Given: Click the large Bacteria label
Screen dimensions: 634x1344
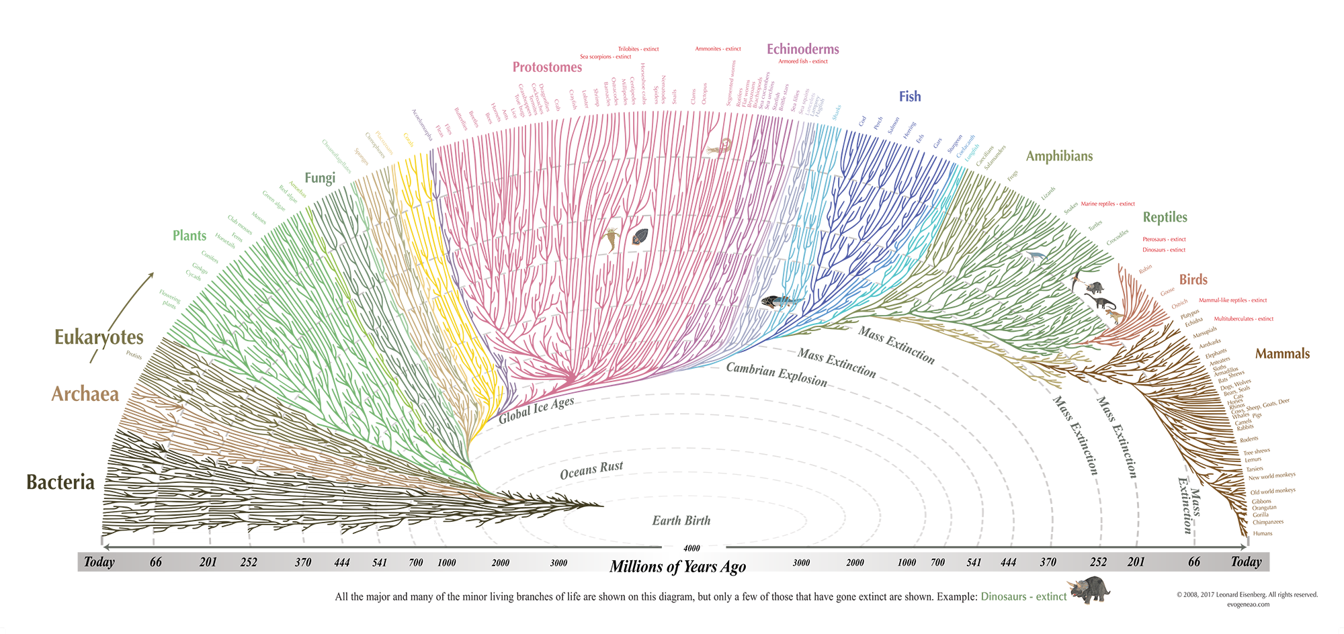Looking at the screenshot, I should click(x=60, y=482).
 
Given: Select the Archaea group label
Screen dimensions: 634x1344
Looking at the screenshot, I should click(x=85, y=394).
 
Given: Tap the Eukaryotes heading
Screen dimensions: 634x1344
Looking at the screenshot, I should click(x=99, y=337).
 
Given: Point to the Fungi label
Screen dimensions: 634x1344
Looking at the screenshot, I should click(x=320, y=178).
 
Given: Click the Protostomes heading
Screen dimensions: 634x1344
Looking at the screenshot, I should click(x=547, y=67).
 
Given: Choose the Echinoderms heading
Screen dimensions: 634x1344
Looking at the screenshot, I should click(x=802, y=49).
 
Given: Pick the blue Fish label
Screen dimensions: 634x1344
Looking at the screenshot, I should click(x=910, y=97).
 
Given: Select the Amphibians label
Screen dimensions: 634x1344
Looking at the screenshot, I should click(x=1059, y=156).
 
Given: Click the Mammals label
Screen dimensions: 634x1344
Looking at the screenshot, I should click(x=1282, y=354).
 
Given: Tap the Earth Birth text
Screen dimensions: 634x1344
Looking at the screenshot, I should click(x=681, y=520).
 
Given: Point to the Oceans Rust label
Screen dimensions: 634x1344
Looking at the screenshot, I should click(x=591, y=470).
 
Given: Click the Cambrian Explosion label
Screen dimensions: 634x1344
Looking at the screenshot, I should click(x=776, y=374).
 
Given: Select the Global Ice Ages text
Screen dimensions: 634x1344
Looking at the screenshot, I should click(x=536, y=410).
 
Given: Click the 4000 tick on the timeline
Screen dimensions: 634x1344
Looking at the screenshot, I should click(x=691, y=548).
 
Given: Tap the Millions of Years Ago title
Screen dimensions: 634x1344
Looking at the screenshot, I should click(x=677, y=567).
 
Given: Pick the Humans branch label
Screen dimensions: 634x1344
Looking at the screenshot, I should click(x=1263, y=533).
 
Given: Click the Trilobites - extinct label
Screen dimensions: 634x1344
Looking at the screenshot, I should click(x=638, y=49).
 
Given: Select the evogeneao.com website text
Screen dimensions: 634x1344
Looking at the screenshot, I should click(x=1248, y=604).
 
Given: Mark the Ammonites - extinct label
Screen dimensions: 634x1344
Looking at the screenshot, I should click(x=718, y=49).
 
